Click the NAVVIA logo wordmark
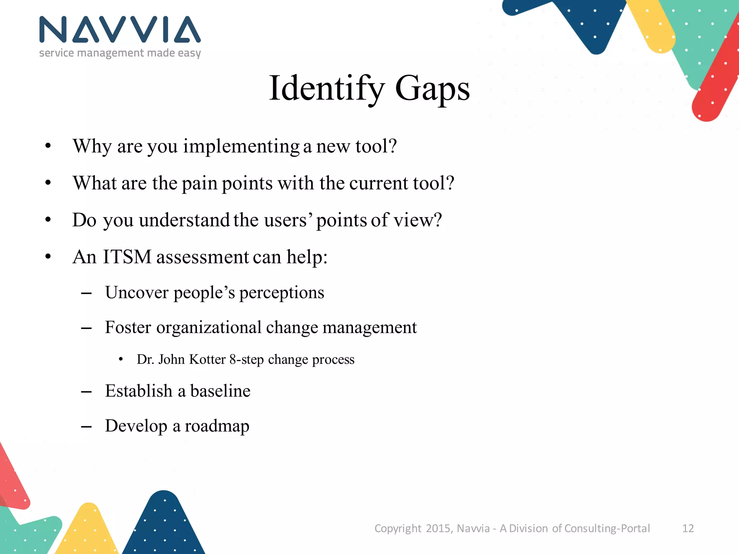click(x=120, y=30)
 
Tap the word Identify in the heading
click(x=327, y=89)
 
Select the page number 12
click(x=688, y=528)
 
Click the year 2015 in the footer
click(x=438, y=528)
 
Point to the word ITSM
click(x=127, y=257)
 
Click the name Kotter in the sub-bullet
click(x=207, y=360)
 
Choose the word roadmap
click(x=217, y=426)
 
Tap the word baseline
click(x=220, y=391)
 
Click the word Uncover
click(x=137, y=293)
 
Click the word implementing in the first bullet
click(x=241, y=147)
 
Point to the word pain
click(x=199, y=184)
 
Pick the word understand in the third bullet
click(x=184, y=220)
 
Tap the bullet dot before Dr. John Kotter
click(x=121, y=359)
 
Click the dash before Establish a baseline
click(x=86, y=392)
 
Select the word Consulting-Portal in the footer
click(x=607, y=528)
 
